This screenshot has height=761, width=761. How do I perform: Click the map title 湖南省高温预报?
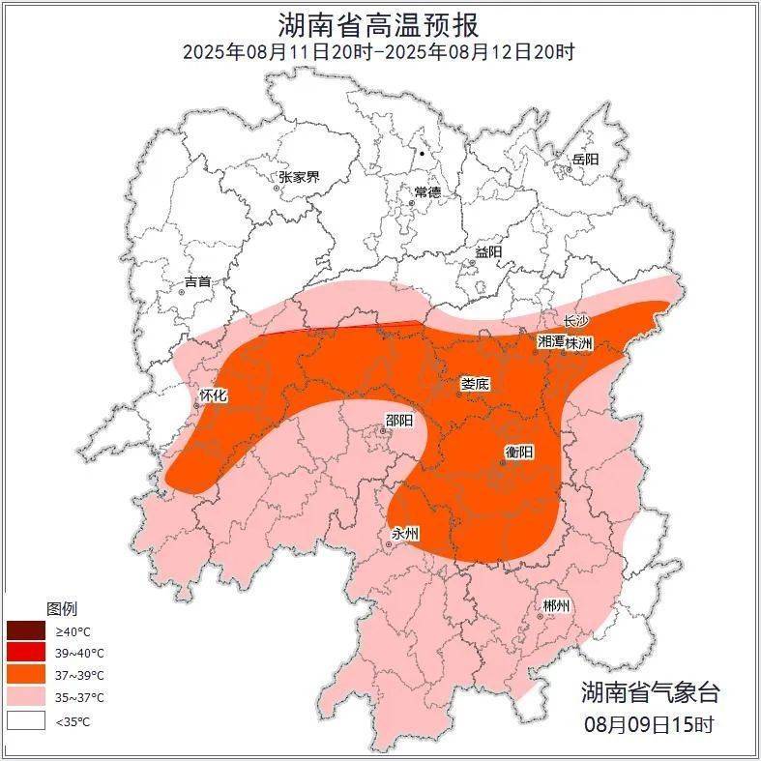[379, 23]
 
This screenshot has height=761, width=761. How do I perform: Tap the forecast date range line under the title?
[379, 52]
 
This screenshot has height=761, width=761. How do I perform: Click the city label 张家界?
[299, 177]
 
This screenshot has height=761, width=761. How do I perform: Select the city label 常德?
[426, 192]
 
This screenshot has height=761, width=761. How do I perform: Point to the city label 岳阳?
[585, 159]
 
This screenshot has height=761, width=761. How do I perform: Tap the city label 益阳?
[488, 251]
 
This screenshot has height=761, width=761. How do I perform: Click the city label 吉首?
[197, 281]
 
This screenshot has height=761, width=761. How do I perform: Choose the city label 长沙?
[576, 320]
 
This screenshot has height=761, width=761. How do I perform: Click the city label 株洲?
[579, 342]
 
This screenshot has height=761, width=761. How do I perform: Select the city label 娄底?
[475, 384]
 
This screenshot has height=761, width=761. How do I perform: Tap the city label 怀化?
[213, 395]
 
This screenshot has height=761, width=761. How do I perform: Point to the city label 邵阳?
[398, 420]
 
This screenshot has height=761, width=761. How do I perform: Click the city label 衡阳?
[519, 452]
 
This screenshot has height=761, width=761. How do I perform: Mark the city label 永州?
[405, 534]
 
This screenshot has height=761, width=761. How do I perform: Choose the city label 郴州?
[556, 605]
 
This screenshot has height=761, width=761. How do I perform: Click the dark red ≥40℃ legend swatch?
[27, 631]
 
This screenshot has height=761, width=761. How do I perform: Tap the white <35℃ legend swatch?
[27, 720]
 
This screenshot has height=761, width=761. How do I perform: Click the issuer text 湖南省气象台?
[650, 691]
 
